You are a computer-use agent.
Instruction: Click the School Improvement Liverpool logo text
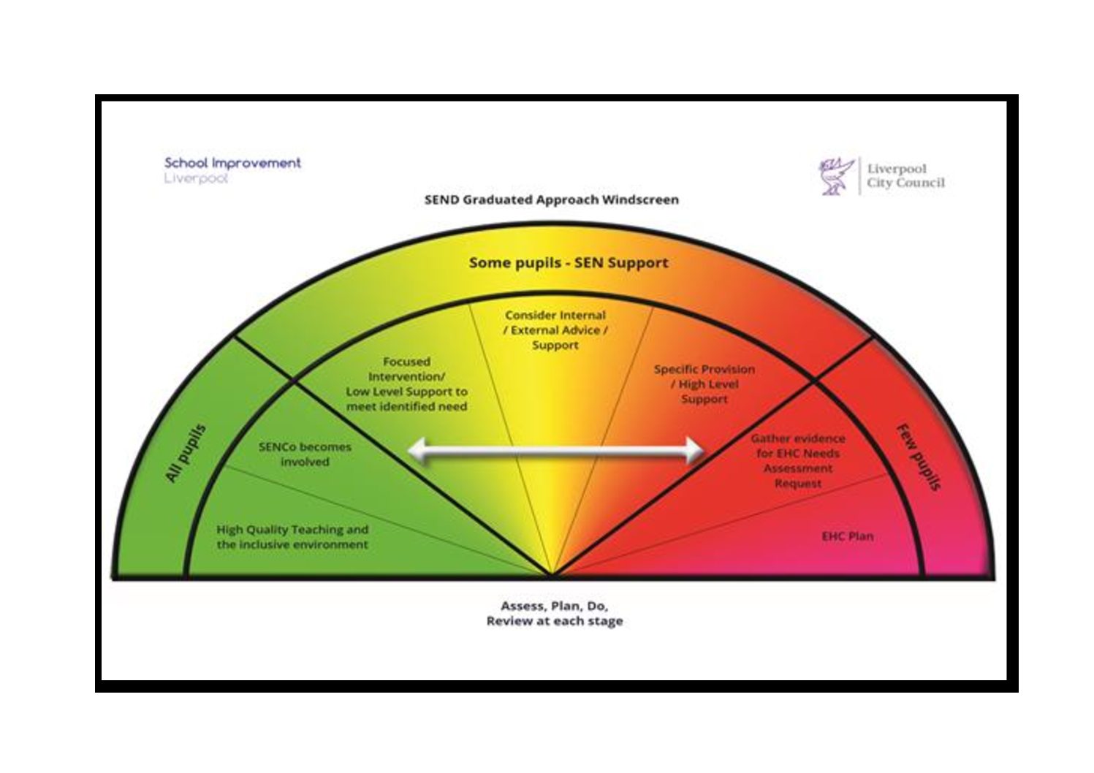tap(232, 170)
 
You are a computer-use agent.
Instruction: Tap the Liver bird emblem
tap(836, 176)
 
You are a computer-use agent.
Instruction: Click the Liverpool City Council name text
tap(906, 176)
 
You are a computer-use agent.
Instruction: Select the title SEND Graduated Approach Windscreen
tap(552, 199)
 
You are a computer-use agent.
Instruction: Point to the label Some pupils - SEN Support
tap(569, 263)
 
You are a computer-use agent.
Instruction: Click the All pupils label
tap(186, 454)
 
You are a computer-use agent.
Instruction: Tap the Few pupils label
tap(919, 457)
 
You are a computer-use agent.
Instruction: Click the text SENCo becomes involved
tap(305, 454)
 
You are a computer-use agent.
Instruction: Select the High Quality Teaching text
tap(292, 537)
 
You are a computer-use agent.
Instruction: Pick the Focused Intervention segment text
tap(406, 384)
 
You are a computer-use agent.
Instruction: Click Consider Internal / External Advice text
tap(555, 330)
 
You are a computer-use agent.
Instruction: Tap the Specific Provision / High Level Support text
tap(704, 384)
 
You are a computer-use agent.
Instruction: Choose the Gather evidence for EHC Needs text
tap(798, 461)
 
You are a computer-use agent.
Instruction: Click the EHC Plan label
tap(848, 536)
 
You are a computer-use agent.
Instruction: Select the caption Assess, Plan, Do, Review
tap(555, 613)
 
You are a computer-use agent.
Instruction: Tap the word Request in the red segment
tap(798, 484)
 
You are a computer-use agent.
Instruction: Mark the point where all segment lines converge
tap(552, 576)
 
